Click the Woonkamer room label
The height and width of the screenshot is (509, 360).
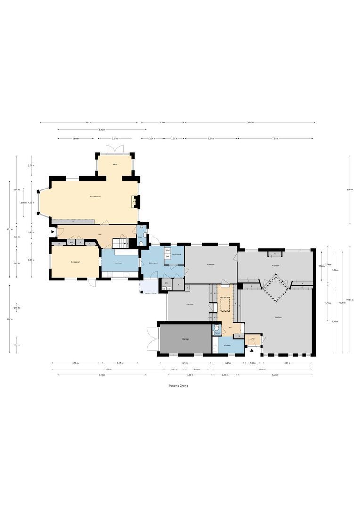(96, 196)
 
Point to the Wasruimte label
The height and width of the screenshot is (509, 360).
(177, 254)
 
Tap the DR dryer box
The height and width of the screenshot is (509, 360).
(167, 256)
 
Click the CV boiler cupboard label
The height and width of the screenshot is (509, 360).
(167, 283)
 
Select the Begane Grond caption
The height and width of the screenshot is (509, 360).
(178, 385)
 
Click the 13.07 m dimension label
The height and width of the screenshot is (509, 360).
(250, 123)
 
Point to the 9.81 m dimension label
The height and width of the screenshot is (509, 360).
(88, 123)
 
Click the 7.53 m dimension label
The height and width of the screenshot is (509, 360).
(275, 139)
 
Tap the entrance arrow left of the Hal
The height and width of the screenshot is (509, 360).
(52, 232)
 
